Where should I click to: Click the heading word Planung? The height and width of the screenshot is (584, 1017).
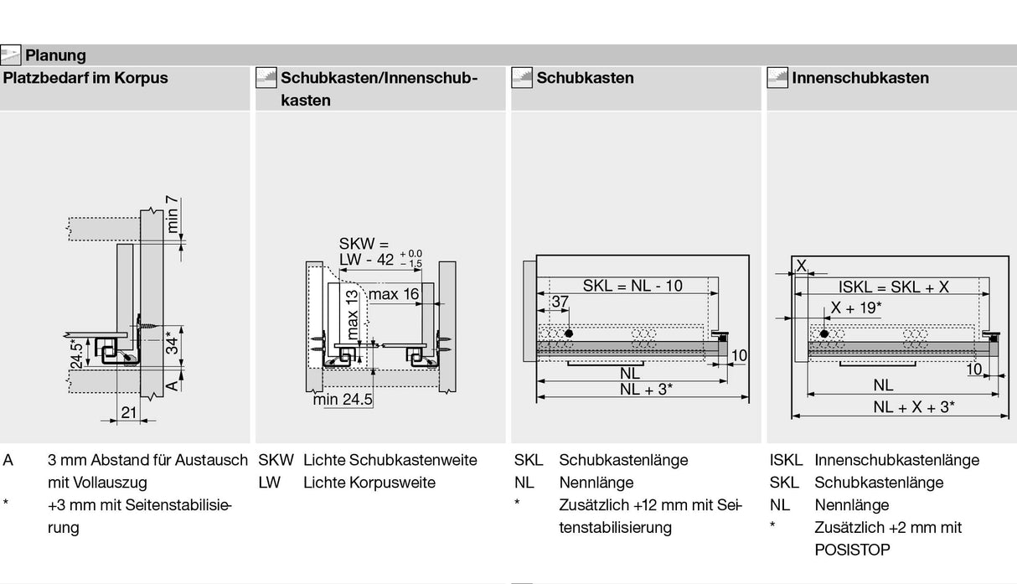(x=55, y=56)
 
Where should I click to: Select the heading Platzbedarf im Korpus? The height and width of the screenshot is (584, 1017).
(x=85, y=78)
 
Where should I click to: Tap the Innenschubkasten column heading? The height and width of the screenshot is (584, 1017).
(x=860, y=78)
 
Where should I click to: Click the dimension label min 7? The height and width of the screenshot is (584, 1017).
(x=172, y=215)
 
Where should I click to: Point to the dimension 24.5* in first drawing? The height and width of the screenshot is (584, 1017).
(x=77, y=354)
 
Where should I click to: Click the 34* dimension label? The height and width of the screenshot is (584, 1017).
(x=172, y=344)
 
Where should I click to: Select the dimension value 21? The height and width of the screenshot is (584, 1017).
(x=128, y=411)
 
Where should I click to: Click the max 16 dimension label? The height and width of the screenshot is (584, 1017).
(x=394, y=294)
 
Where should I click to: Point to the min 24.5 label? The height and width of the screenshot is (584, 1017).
(x=343, y=400)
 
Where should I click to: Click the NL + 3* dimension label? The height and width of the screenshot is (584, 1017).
(x=645, y=389)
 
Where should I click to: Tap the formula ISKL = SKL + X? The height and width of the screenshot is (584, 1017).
(x=894, y=287)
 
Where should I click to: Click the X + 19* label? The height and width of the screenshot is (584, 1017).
(x=855, y=308)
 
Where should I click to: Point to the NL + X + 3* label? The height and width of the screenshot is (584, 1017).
(x=913, y=406)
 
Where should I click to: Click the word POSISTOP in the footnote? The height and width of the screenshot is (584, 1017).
(x=852, y=550)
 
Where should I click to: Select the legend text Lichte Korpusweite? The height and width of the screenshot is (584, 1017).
(x=369, y=483)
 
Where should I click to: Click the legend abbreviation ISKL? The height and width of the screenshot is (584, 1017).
(x=786, y=460)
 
